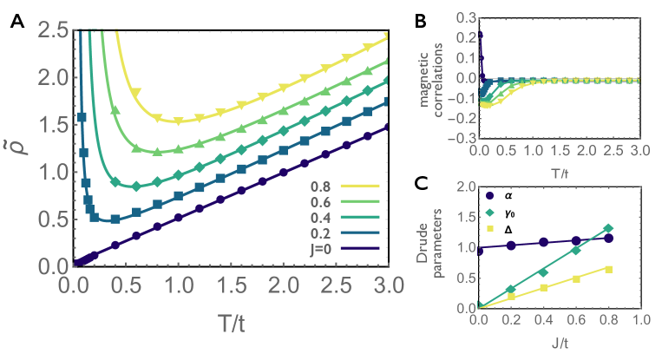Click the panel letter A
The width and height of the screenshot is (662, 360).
click(x=16, y=23)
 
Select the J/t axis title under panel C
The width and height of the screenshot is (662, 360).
click(x=559, y=344)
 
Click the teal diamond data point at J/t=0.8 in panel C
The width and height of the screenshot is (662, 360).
click(x=608, y=228)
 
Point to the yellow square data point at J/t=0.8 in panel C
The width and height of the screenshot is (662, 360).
click(x=608, y=269)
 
